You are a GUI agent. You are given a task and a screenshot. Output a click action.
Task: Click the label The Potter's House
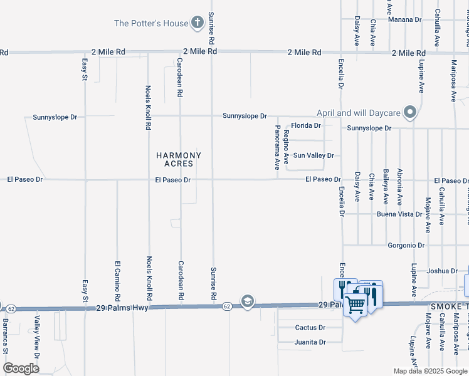(x=151, y=24)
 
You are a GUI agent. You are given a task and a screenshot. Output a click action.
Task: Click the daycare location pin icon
(x=411, y=113)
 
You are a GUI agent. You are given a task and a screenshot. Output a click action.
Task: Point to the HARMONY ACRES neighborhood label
(x=179, y=159)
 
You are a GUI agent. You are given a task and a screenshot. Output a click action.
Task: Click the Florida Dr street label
(x=305, y=125)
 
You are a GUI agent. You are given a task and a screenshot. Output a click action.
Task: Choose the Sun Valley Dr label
(x=314, y=155)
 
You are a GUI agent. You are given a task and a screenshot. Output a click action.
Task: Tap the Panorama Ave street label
(x=277, y=147)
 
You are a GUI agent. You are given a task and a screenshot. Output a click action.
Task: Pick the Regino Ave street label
(x=287, y=144)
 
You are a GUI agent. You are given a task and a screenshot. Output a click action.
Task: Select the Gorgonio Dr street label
(x=406, y=245)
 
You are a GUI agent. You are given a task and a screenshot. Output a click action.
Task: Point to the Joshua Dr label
(x=441, y=271)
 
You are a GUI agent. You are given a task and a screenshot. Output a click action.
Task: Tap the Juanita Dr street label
(x=310, y=342)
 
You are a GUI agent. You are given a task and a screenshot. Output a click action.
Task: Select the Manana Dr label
(x=404, y=19)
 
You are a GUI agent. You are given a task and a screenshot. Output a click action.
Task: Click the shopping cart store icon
(x=356, y=305)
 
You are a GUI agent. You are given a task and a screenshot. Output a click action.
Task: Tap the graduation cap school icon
(x=248, y=302)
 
